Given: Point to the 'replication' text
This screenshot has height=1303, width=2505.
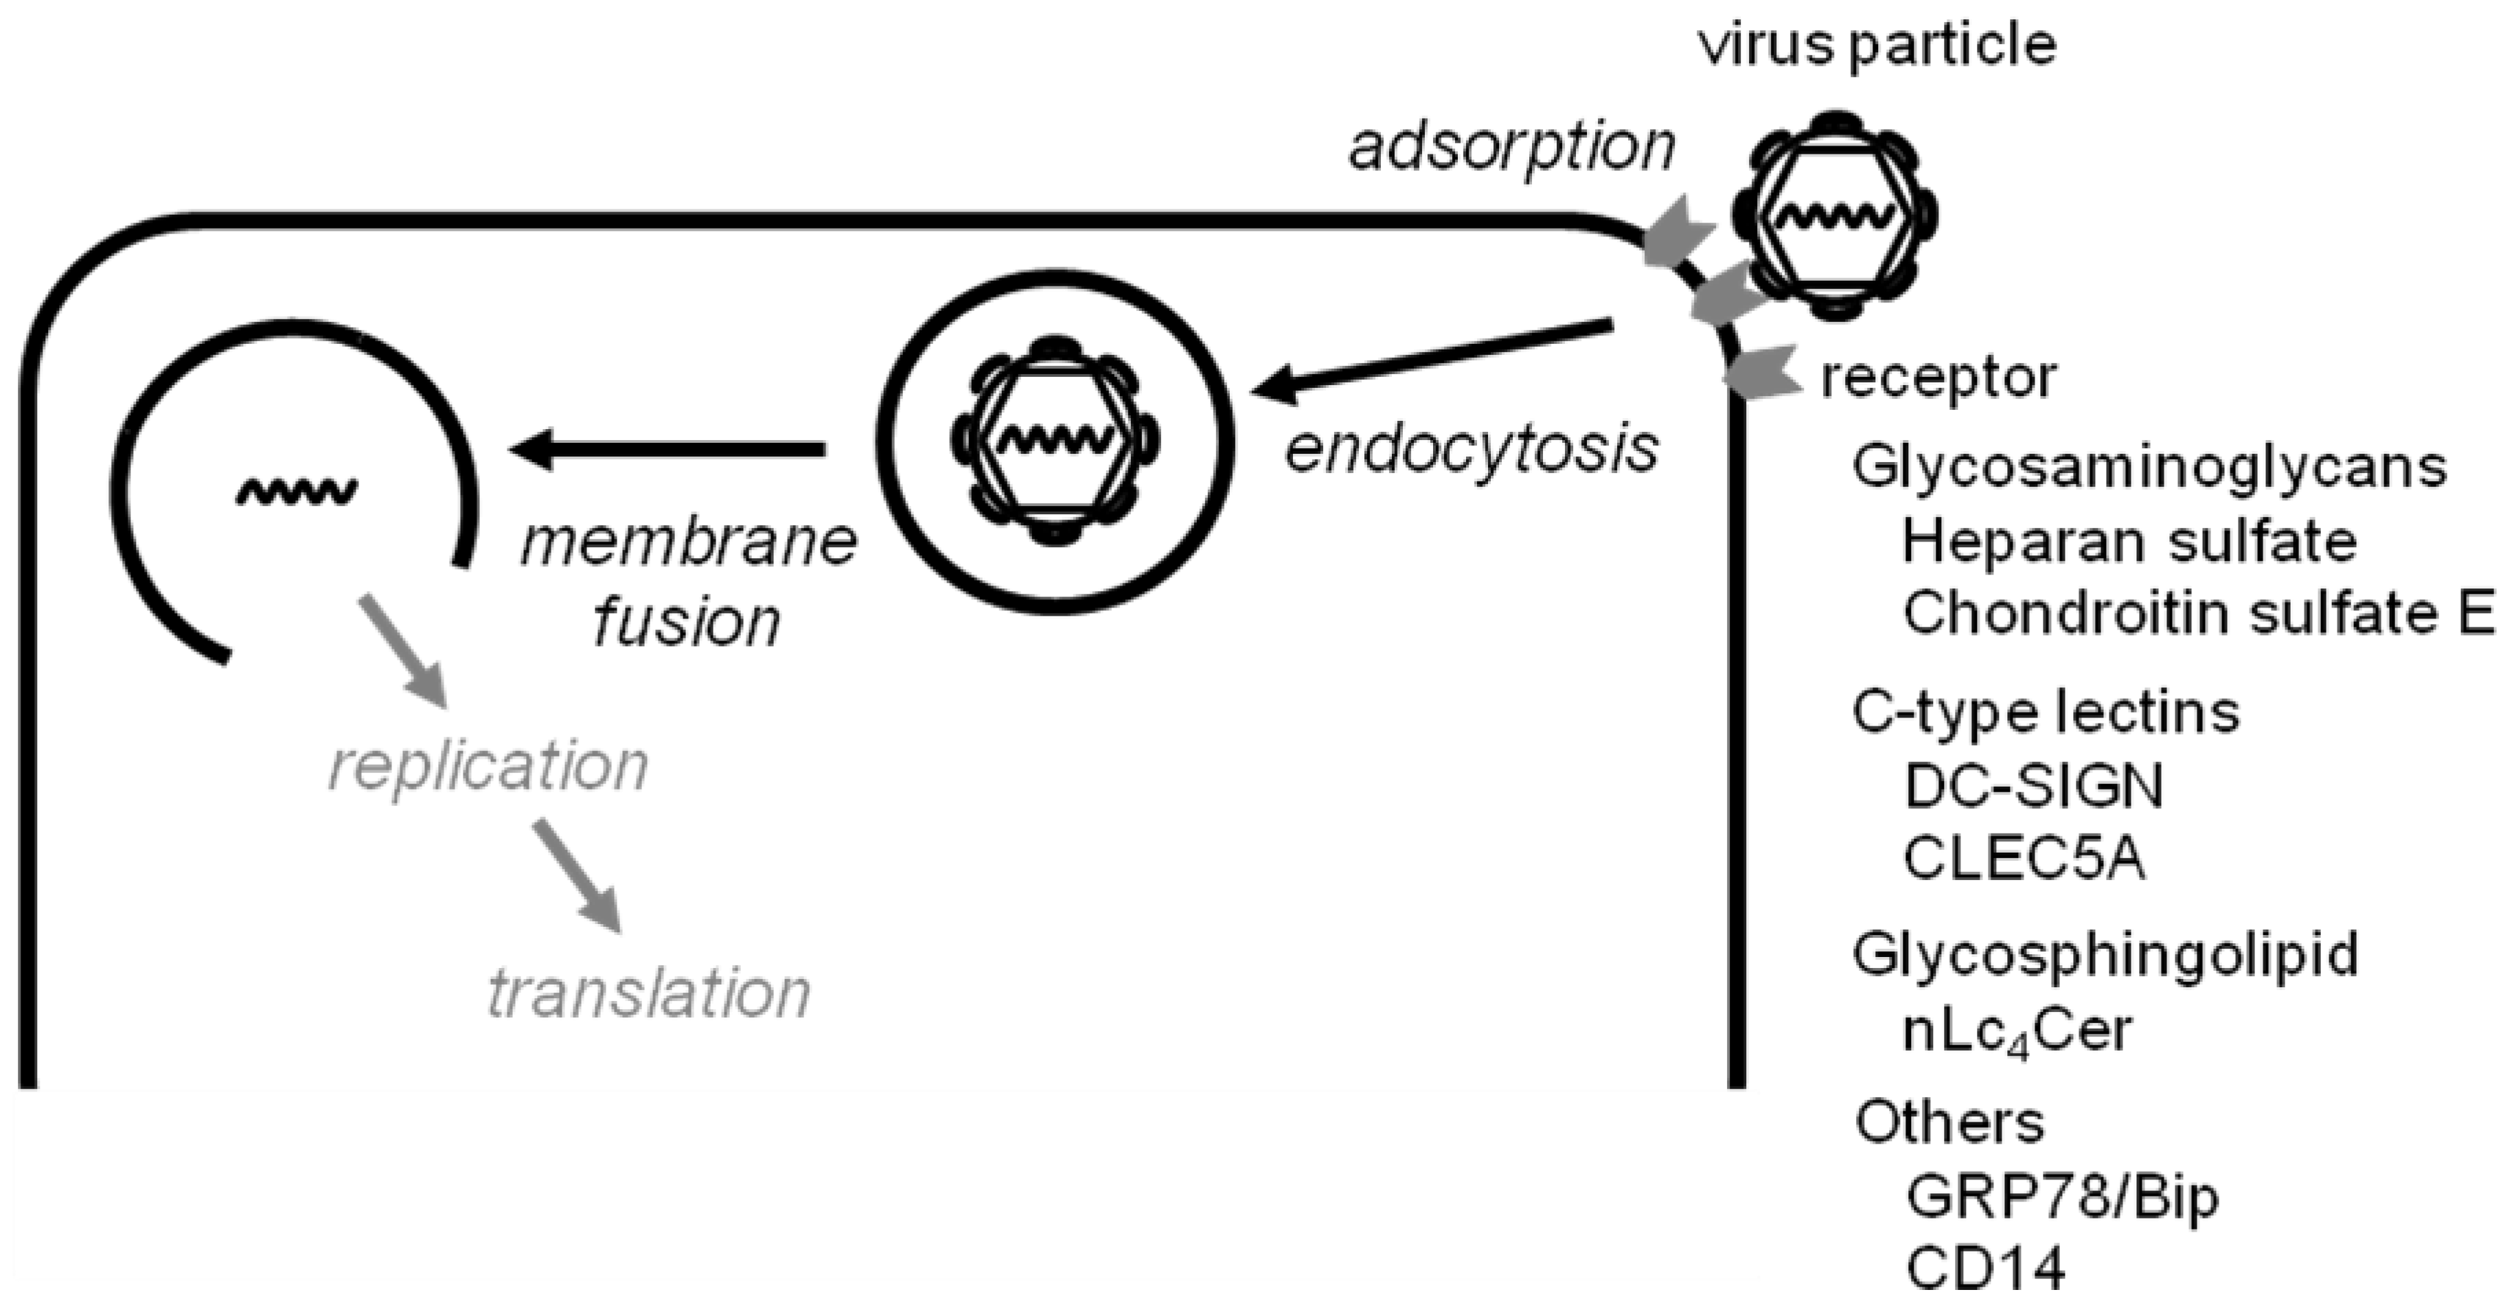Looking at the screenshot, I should tap(488, 768).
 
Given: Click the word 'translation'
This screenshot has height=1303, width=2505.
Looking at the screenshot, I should tap(649, 995).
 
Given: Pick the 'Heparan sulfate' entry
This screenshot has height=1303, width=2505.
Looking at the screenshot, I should tap(2129, 542).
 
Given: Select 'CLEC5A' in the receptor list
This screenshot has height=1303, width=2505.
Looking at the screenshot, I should tap(2024, 860).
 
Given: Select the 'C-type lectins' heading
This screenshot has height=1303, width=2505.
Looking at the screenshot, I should tap(2045, 712).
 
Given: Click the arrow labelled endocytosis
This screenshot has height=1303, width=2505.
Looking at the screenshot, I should tap(1430, 360).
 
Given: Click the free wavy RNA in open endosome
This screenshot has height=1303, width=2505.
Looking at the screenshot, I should tap(297, 491).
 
